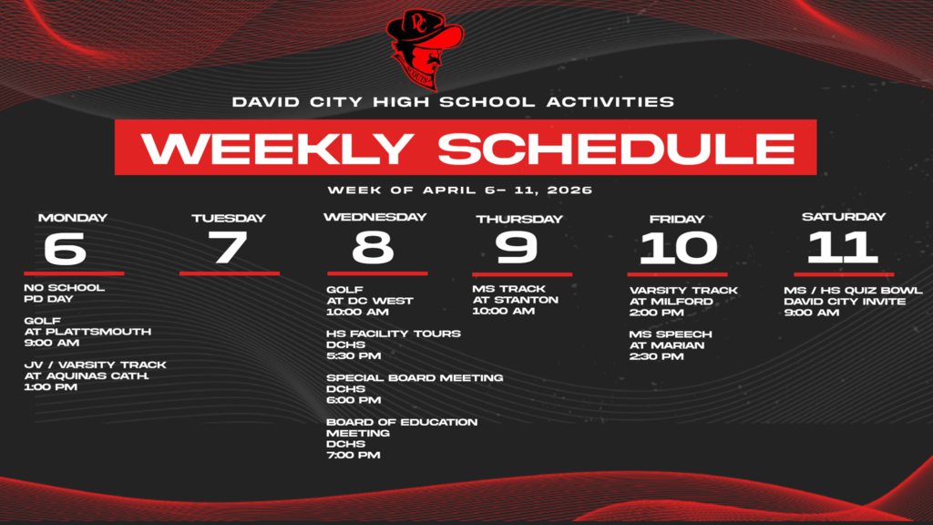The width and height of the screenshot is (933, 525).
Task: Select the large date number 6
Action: point(66,248)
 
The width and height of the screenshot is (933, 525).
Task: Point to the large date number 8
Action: point(374,248)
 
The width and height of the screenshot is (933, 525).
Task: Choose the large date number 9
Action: point(517,248)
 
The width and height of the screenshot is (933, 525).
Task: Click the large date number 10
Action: point(678,248)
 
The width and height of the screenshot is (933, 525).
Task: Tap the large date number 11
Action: point(843,247)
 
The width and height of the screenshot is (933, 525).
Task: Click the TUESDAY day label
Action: point(228,218)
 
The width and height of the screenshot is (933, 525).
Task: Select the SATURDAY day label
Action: point(843,217)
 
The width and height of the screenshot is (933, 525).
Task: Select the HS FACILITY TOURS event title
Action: point(394,334)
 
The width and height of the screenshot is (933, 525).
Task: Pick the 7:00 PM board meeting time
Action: point(354,455)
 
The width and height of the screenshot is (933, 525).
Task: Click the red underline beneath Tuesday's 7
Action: point(229,273)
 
